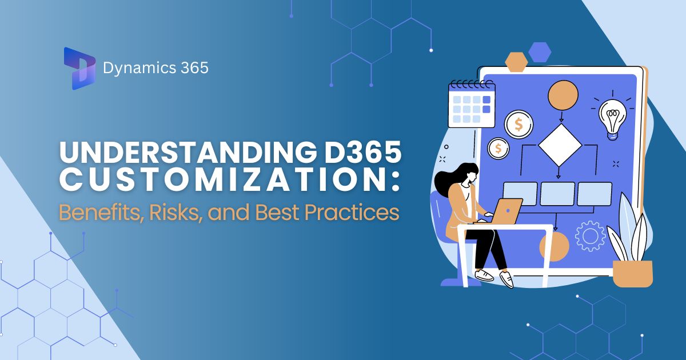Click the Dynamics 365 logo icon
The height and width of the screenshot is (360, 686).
point(79,69)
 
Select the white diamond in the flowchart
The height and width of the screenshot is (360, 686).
point(560,144)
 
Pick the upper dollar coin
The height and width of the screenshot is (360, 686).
point(519,124)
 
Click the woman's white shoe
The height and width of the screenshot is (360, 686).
point(506,279)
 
